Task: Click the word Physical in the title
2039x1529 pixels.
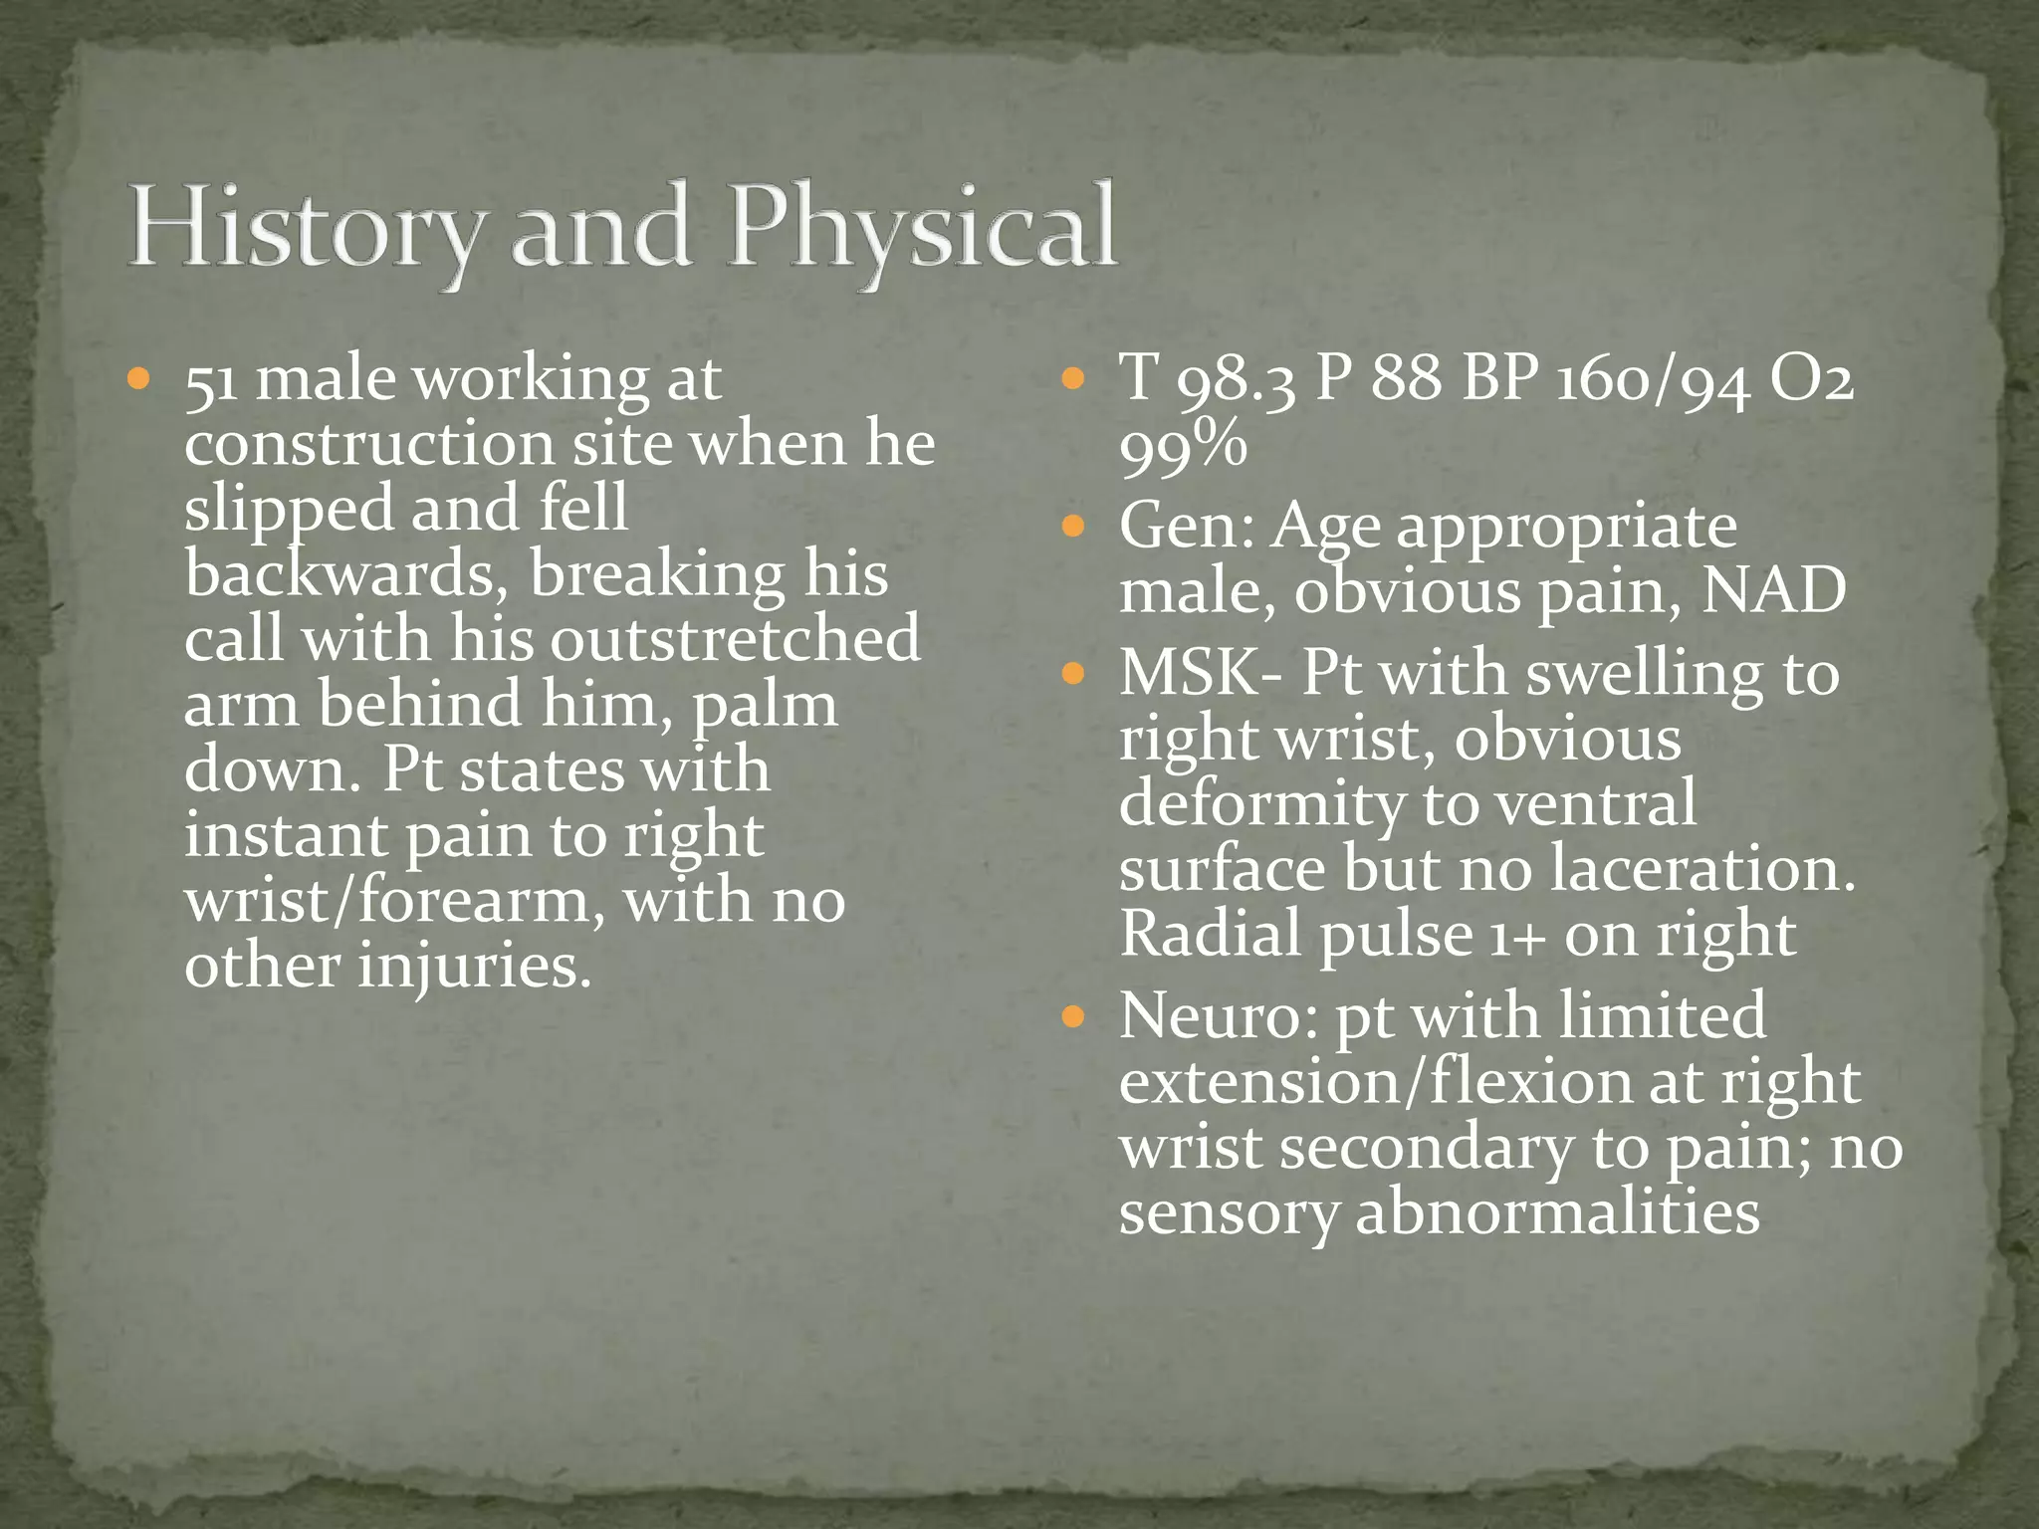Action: tap(921, 227)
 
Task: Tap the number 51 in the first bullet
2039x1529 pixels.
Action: tap(210, 380)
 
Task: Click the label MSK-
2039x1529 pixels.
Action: tap(1201, 673)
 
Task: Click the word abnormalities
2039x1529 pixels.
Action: tap(1557, 1213)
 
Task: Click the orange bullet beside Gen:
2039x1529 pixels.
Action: tap(1072, 526)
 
